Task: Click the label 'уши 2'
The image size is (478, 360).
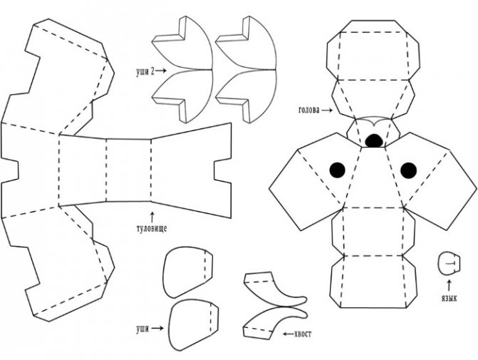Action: click(145, 71)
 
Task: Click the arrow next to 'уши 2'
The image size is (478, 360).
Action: click(161, 71)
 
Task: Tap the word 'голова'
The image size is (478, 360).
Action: click(308, 110)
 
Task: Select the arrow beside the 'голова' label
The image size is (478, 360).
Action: click(328, 110)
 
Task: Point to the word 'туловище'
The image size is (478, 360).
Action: click(152, 229)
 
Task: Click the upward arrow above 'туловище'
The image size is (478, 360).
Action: click(152, 216)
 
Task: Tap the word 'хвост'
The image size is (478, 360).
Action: click(303, 334)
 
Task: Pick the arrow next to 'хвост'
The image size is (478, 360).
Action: click(288, 334)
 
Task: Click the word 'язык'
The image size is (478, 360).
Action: click(449, 298)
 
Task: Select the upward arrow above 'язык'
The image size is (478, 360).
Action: click(449, 286)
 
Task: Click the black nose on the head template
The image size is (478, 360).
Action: click(374, 140)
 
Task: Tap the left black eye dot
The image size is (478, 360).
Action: click(337, 170)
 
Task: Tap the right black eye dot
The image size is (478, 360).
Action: click(408, 170)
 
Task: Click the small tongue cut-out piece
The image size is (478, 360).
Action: click(449, 263)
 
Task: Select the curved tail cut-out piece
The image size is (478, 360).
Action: click(276, 305)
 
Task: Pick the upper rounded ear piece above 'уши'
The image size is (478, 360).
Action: click(187, 272)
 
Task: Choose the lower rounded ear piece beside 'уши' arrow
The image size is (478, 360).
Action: click(193, 325)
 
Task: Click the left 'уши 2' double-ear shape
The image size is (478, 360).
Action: click(182, 70)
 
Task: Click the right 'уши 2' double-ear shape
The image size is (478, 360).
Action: click(246, 70)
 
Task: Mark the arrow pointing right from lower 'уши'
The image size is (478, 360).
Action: click(157, 328)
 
